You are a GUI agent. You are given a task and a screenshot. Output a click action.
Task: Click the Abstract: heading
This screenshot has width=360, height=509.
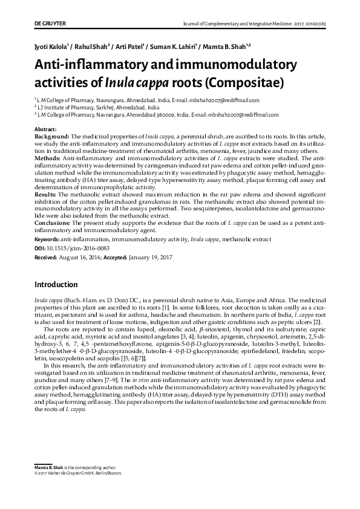(x=46, y=130)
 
